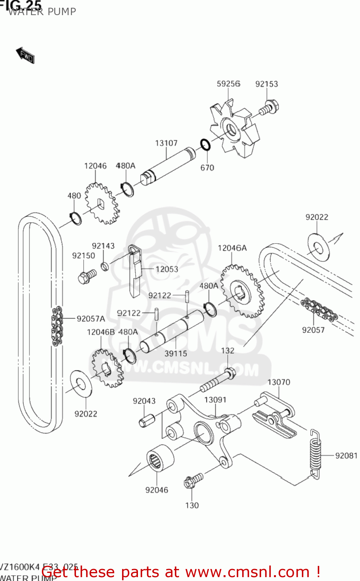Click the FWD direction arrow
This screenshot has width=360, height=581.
[25, 55]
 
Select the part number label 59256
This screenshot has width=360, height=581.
[228, 84]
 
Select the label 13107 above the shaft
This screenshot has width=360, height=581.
[166, 143]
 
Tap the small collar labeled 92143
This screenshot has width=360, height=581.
[104, 266]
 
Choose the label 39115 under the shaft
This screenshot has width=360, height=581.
[176, 354]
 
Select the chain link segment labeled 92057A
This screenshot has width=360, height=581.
[57, 326]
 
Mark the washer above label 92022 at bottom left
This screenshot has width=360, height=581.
[81, 383]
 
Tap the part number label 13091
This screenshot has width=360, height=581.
[215, 400]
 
